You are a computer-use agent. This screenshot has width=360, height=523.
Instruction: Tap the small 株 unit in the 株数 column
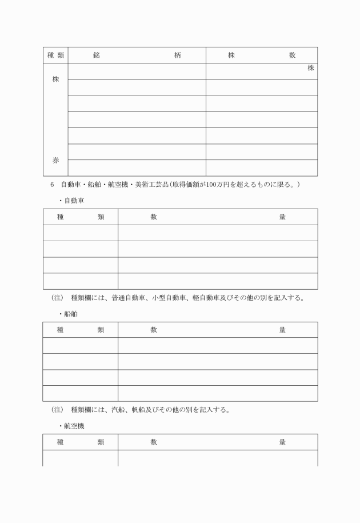pyautogui.click(x=311, y=69)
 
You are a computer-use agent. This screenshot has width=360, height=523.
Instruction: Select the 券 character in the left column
pyautogui.click(x=55, y=161)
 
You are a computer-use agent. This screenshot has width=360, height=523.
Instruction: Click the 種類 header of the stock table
pyautogui.click(x=55, y=55)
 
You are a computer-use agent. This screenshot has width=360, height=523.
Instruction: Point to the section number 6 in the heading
pyautogui.click(x=52, y=185)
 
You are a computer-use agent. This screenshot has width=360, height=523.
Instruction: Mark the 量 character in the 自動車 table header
pyautogui.click(x=282, y=217)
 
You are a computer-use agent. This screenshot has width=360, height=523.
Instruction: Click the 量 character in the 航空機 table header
pyautogui.click(x=282, y=442)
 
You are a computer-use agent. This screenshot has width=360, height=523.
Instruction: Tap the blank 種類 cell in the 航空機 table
pyautogui.click(x=81, y=458)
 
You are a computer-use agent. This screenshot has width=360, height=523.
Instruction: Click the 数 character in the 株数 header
pyautogui.click(x=292, y=55)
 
